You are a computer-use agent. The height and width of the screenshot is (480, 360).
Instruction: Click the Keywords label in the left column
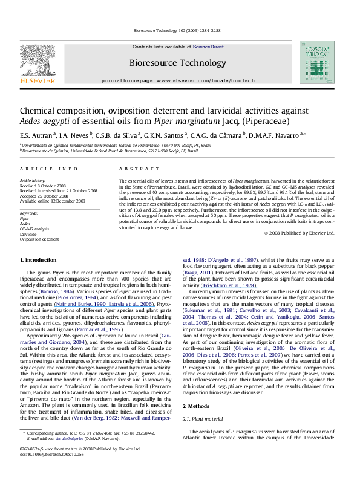click(30, 213)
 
